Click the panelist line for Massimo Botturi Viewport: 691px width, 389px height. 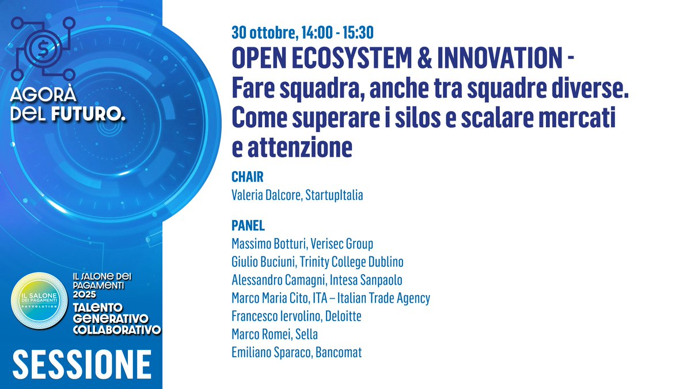[x=302, y=244]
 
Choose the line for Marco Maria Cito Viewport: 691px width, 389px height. [x=331, y=298]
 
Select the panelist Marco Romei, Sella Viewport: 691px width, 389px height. [x=274, y=334]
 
